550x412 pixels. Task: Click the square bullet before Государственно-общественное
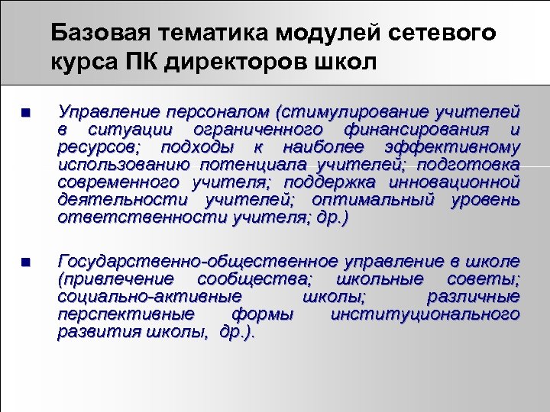[25, 262]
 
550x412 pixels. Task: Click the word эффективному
[467, 147]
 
